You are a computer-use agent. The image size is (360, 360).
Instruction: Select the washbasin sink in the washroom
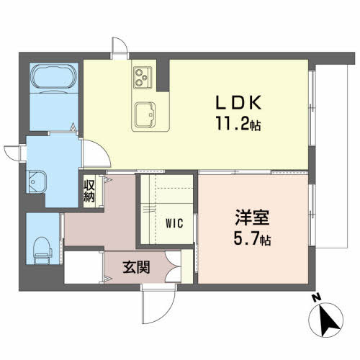37,182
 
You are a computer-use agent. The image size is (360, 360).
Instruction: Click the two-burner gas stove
140,74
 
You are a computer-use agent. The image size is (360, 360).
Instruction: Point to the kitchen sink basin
149,112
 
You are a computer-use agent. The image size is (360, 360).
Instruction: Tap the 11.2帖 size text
236,123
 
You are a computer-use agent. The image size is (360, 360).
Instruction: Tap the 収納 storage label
89,191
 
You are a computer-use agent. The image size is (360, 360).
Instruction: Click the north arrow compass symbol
328,319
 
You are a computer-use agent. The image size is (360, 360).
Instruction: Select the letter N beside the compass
314,298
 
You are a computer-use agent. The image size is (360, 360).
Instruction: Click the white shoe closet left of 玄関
83,266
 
